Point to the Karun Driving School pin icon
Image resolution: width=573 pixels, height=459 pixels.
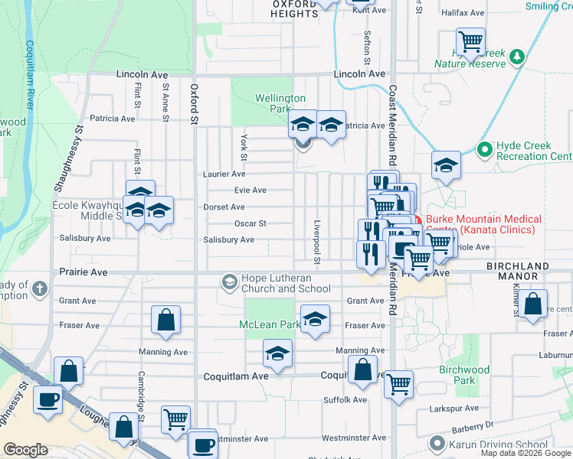(x=437, y=443)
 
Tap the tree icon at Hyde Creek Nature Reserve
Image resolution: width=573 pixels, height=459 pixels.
(x=518, y=57)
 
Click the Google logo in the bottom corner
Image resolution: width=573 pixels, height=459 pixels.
(x=25, y=450)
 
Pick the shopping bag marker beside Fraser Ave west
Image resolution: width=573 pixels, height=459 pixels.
(x=165, y=320)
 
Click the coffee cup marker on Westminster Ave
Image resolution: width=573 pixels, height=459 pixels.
(x=203, y=444)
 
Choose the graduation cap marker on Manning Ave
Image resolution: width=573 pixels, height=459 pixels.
(x=277, y=353)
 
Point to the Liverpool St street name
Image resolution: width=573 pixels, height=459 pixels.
(x=316, y=238)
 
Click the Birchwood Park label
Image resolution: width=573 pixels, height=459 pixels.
(x=464, y=375)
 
